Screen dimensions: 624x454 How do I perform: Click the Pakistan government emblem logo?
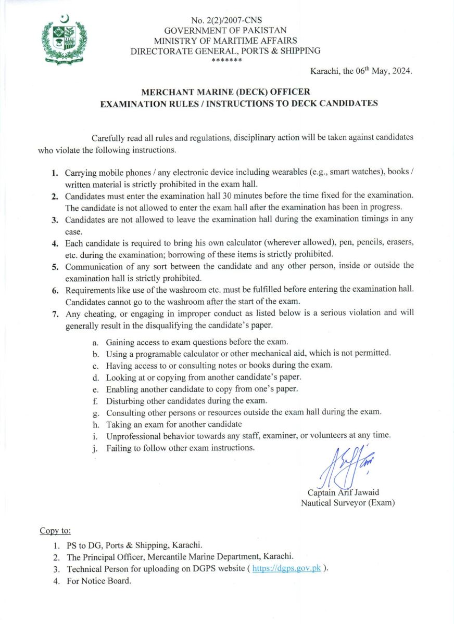[x=64, y=39]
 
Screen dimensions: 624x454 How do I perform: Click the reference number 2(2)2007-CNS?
[x=225, y=21]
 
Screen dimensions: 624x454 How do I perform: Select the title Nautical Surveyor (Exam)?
[x=347, y=503]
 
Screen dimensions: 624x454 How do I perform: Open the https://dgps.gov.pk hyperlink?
[x=286, y=568]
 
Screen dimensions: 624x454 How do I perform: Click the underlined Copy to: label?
[x=55, y=531]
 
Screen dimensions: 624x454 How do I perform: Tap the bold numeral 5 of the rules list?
[x=55, y=267]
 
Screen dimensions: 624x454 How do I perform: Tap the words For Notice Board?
[x=99, y=581]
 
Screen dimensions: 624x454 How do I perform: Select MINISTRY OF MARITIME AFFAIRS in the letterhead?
[x=225, y=41]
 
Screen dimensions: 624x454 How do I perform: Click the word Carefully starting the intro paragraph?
[x=108, y=138]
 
